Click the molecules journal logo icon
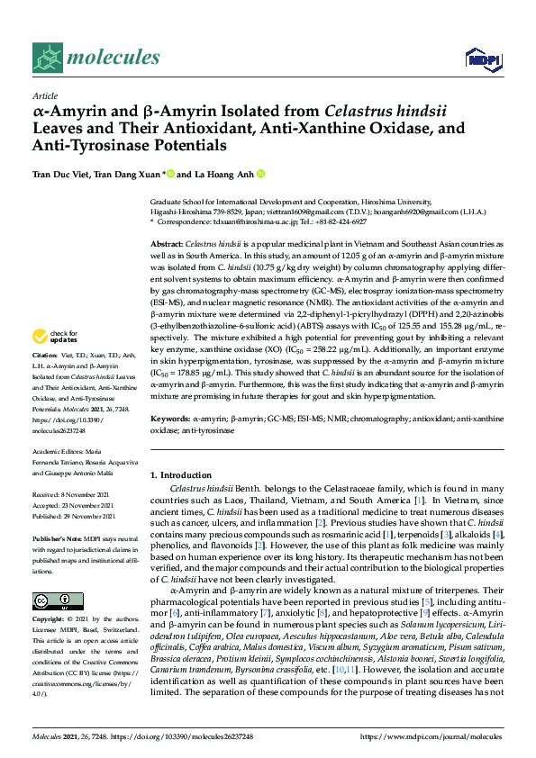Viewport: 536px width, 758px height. point(45,59)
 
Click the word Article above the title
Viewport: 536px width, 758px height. point(44,95)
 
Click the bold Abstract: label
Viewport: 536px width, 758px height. point(167,245)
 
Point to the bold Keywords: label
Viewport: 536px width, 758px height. point(169,420)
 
